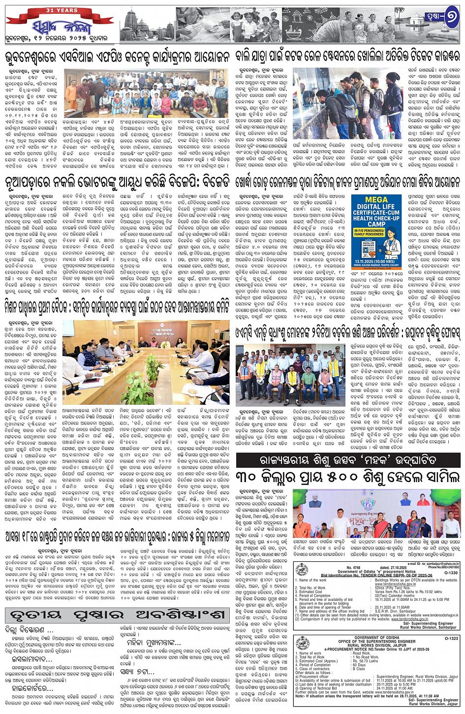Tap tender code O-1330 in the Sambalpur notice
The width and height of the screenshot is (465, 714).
(450, 573)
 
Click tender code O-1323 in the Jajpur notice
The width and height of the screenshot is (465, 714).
(450, 638)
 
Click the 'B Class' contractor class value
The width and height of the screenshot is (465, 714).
(372, 669)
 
